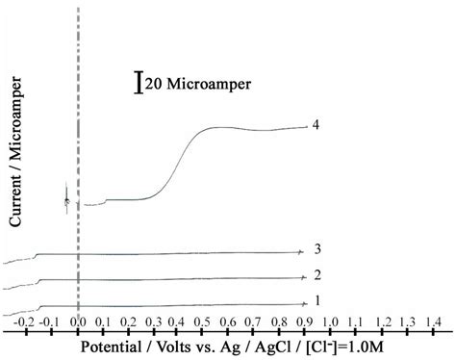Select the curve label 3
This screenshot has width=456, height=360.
317,249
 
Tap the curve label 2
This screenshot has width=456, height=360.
317,275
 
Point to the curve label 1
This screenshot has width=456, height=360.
317,300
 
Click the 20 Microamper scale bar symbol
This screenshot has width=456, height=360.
139,84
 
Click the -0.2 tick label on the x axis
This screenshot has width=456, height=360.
27,321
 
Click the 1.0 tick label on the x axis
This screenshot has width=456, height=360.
329,321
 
